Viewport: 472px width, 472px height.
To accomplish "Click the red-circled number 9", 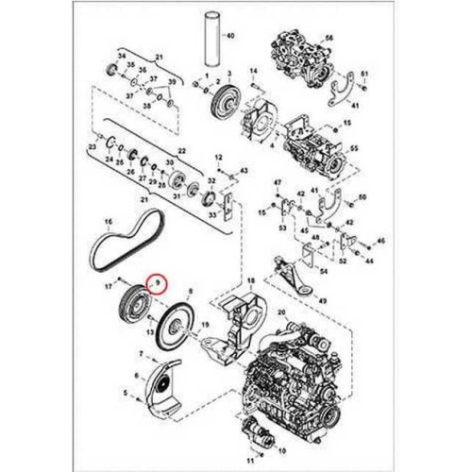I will point(159,280).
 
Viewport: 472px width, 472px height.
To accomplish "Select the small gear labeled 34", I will point(111,72).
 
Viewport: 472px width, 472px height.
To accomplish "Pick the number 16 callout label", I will point(108,223).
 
